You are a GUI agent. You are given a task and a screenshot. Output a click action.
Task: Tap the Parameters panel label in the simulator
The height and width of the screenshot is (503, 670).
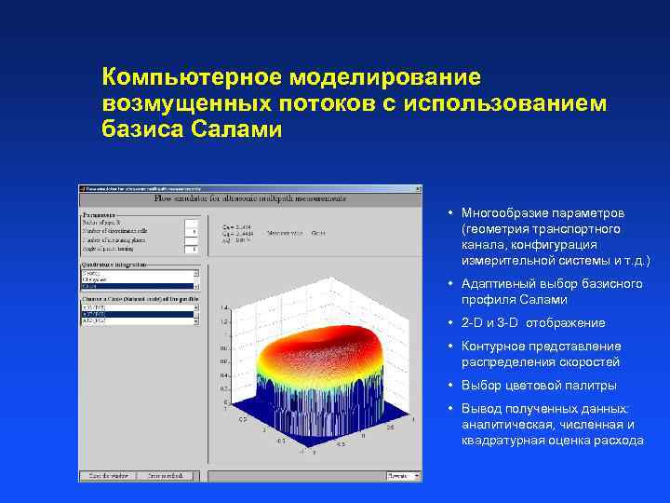click(x=101, y=213)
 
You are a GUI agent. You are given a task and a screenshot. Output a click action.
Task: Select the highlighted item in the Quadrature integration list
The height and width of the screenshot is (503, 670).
click(x=138, y=287)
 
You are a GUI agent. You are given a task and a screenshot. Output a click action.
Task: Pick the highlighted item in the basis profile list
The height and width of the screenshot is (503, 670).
click(x=138, y=314)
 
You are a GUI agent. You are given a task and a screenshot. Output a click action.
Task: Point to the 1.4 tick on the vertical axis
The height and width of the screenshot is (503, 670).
click(x=224, y=306)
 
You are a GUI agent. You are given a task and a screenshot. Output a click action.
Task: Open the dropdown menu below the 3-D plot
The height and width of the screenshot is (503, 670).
click(x=397, y=475)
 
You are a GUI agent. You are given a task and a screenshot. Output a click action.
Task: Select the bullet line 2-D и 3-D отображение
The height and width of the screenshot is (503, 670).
click(x=532, y=322)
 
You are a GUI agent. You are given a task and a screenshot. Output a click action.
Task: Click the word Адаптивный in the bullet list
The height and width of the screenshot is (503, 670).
click(x=497, y=283)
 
